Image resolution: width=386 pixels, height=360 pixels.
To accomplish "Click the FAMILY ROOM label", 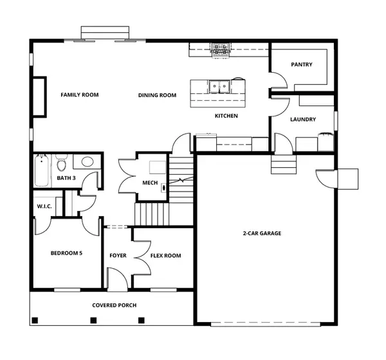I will tap(80, 95).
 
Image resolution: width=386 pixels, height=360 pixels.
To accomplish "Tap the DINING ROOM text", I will tap(157, 96).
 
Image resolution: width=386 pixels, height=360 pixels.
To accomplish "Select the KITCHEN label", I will tap(226, 116).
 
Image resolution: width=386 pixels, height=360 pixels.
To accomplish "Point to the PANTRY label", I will tap(301, 64).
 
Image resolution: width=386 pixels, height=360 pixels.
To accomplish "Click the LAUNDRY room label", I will tap(302, 120).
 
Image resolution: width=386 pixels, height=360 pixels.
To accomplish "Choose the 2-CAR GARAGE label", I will tap(262, 233).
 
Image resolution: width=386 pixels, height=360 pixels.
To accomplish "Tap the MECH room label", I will tap(150, 183).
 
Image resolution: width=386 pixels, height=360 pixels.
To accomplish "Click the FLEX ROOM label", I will tap(165, 256).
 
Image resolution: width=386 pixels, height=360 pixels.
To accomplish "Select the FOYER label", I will tap(118, 256).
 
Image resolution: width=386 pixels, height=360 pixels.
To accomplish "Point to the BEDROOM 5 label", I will tap(67, 253).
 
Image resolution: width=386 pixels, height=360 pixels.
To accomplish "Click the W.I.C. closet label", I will tap(45, 206).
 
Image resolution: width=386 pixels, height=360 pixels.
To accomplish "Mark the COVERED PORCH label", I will tap(114, 305).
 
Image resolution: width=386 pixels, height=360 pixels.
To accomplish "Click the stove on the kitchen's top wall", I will tap(220, 48).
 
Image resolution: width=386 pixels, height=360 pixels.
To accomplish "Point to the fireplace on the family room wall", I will tap(39, 96).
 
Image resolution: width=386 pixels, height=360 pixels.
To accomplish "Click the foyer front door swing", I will tap(116, 278).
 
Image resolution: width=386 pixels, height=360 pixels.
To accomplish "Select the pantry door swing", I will tap(277, 80).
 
